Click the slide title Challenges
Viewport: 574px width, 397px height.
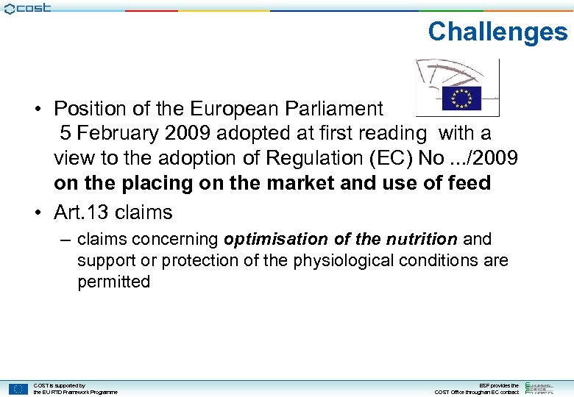[497, 32]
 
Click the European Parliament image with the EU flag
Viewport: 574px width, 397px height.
[457, 87]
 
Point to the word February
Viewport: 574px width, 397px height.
[117, 133]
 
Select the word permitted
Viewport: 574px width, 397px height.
[114, 282]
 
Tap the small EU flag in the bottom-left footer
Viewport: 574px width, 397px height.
[18, 388]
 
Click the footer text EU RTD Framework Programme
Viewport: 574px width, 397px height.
[75, 392]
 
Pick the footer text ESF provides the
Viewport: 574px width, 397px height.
[498, 385]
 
